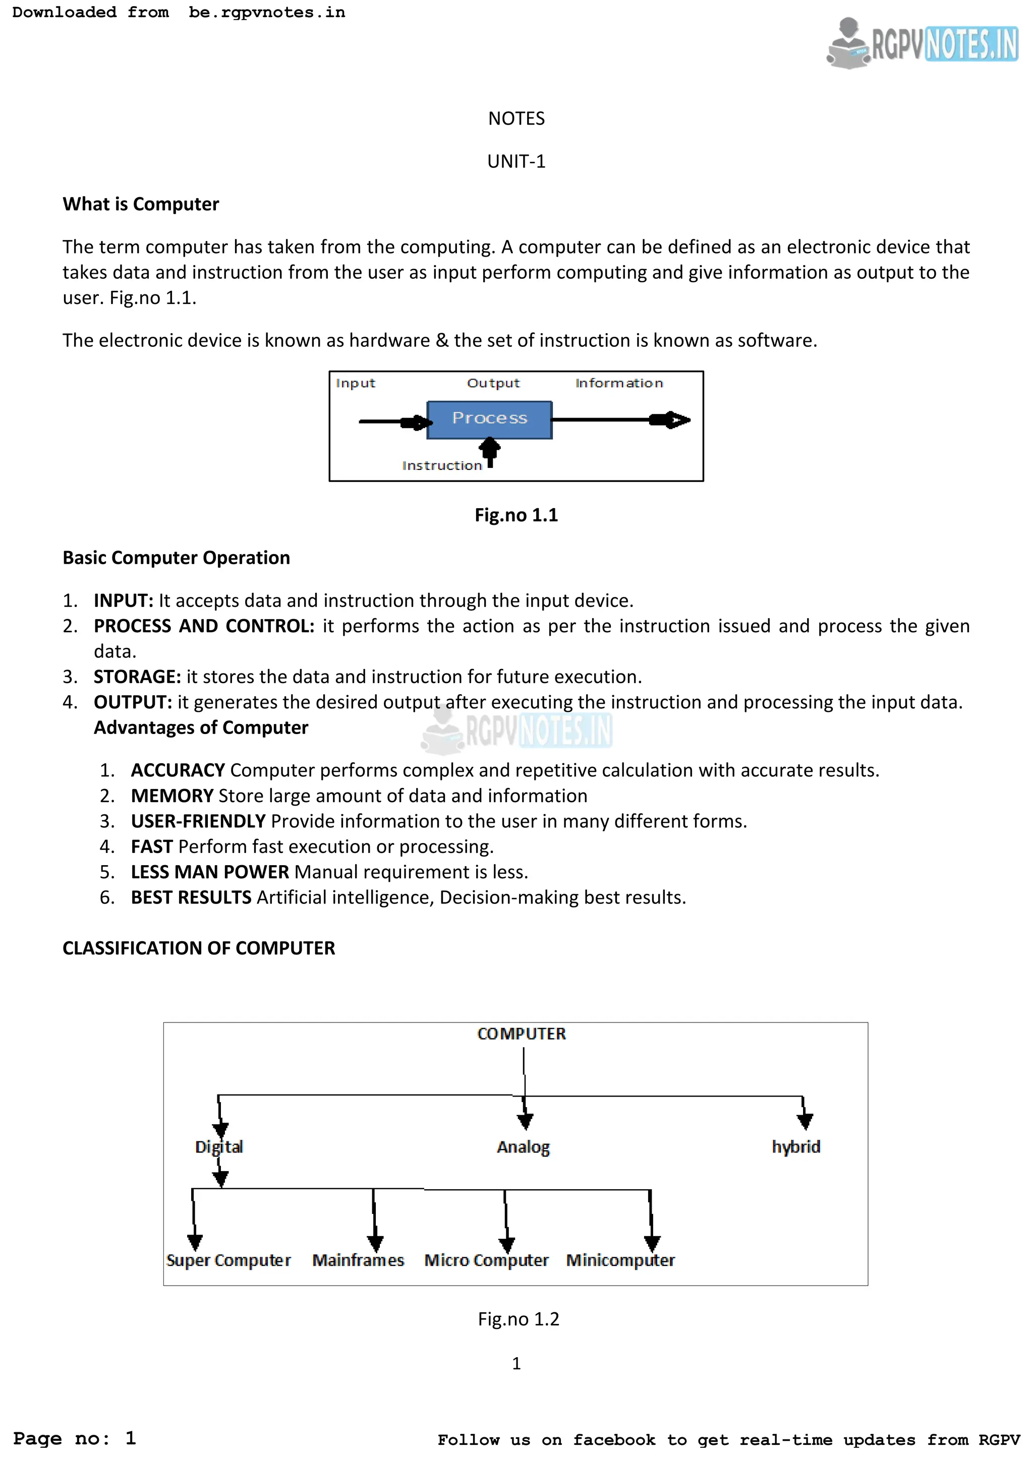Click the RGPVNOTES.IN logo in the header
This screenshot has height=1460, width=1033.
coord(923,43)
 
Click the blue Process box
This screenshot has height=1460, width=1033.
coord(489,419)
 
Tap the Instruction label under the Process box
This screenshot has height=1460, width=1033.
coord(441,465)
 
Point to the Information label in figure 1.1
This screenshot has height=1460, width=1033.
coord(618,383)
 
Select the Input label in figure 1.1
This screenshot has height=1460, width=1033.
coord(355,383)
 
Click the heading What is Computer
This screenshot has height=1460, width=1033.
coord(141,204)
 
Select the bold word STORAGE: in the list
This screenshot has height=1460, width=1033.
coord(137,677)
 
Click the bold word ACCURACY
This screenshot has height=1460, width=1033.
coord(178,770)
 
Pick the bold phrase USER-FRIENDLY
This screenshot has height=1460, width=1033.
coord(198,821)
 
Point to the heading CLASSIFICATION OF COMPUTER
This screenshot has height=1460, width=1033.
coord(198,948)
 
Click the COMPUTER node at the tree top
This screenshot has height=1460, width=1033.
coord(521,1034)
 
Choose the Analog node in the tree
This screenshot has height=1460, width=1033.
coord(523,1146)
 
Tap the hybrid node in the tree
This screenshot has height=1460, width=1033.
coord(796,1146)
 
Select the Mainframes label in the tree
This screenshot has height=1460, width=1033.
coord(358,1260)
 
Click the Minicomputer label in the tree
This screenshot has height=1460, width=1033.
coord(620,1260)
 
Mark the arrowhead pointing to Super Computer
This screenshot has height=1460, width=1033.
coord(195,1241)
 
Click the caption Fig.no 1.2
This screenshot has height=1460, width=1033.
coord(519,1319)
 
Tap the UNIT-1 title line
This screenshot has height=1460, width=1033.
coord(516,161)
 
